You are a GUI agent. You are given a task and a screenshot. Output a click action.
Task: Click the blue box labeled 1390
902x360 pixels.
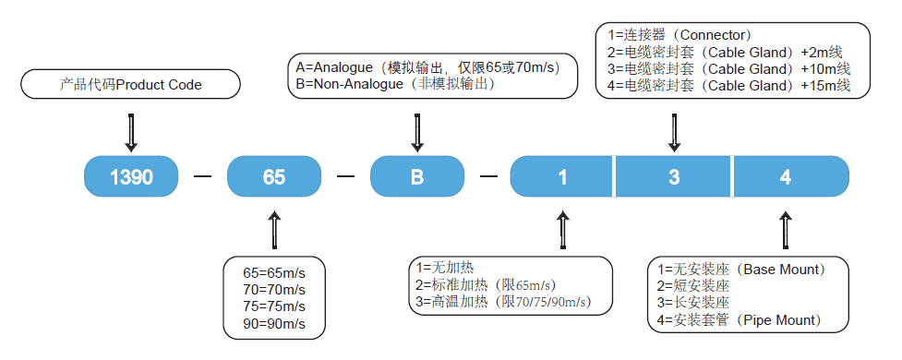pos(130,177)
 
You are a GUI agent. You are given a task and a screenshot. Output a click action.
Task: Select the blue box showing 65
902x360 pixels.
pos(273,177)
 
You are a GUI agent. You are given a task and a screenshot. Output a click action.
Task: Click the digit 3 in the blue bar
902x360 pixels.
pos(674,177)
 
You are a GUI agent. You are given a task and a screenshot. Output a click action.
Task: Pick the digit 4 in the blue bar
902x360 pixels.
pos(786,177)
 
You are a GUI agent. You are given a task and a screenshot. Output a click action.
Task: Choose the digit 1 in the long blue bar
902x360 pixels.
pos(562,177)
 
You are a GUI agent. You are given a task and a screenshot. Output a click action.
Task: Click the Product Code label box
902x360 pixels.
pos(130,86)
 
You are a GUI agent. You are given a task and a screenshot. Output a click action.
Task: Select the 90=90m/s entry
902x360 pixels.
pos(274,325)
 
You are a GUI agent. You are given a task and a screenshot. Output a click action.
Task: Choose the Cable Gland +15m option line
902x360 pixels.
pos(728,86)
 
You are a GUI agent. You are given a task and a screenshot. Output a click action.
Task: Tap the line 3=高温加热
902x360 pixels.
pos(502,302)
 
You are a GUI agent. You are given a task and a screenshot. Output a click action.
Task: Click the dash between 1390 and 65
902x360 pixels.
pos(202,177)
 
